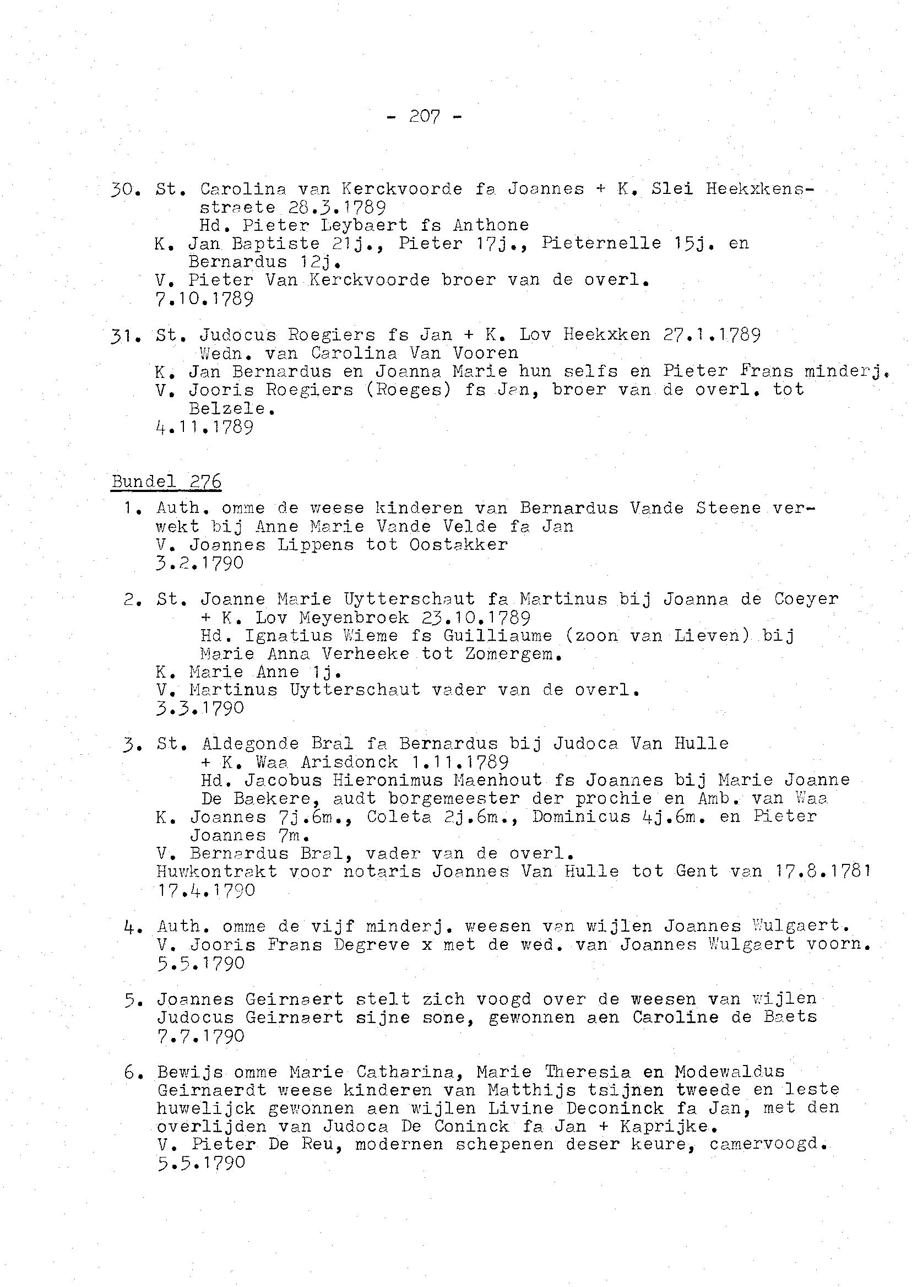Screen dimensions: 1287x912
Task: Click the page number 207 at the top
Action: [x=425, y=117]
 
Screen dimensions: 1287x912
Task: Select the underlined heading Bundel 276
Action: [x=166, y=482]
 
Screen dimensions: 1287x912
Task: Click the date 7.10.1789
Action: [x=204, y=298]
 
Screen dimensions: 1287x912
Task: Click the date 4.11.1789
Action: [x=204, y=427]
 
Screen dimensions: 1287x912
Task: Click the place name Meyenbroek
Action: [x=354, y=618]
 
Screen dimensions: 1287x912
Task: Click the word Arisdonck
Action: [x=349, y=763]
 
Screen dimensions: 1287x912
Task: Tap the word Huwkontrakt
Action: [x=217, y=871]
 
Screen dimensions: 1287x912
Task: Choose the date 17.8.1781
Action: [x=823, y=871]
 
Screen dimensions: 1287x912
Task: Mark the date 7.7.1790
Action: [x=201, y=1035]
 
